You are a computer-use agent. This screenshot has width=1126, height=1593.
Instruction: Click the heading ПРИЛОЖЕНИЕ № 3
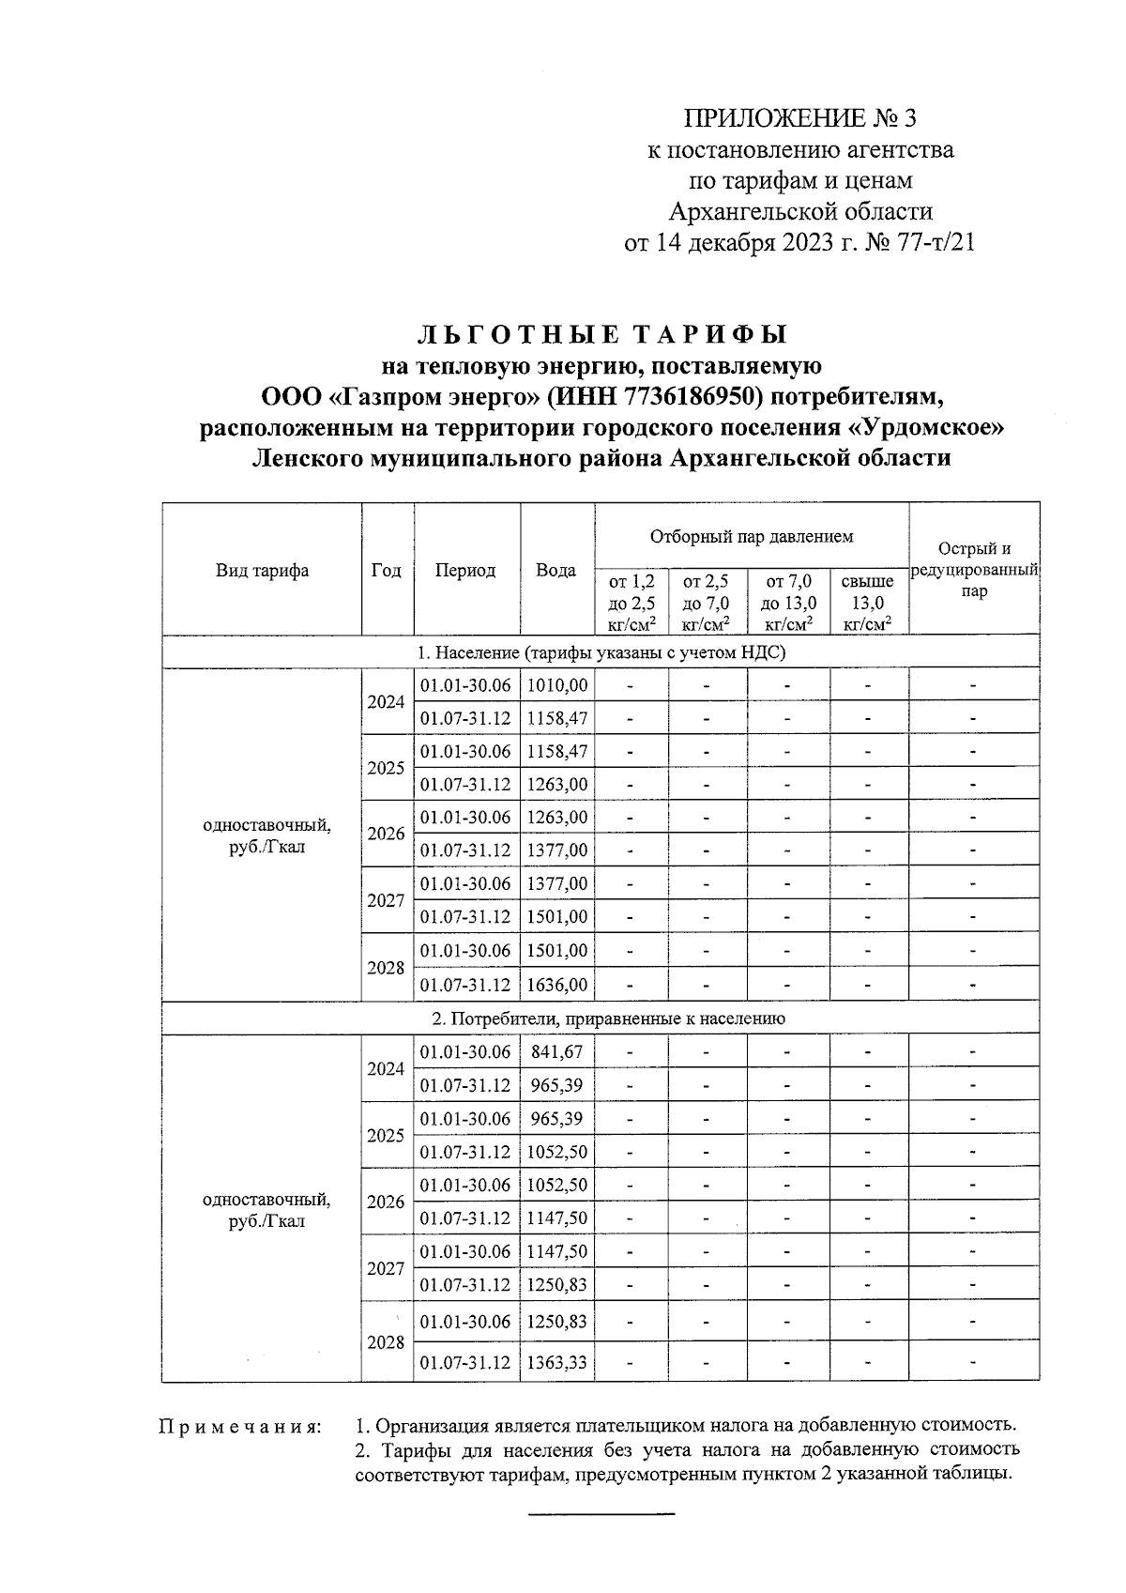point(799,119)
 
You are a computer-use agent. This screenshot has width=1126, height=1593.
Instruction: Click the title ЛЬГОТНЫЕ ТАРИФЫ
point(601,335)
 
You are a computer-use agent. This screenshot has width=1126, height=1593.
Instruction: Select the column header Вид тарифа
point(262,570)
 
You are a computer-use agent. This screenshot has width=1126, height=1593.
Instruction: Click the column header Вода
point(556,570)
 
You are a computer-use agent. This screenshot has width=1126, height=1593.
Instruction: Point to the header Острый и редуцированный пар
point(974,570)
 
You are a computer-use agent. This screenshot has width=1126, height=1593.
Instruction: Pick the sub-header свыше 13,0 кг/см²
point(868,602)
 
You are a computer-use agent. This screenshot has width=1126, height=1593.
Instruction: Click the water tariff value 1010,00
point(557,685)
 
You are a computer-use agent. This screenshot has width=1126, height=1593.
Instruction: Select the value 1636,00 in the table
point(557,985)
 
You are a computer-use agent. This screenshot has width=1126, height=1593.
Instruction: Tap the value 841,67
point(557,1051)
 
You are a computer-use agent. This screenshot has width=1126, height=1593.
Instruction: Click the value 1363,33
point(557,1361)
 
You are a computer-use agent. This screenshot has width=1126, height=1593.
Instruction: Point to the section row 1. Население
point(601,651)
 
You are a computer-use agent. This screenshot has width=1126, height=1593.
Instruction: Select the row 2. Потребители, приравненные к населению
point(601,1019)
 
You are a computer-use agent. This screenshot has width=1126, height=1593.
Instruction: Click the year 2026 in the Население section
point(386,834)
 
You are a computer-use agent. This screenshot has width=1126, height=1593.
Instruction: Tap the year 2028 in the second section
point(386,1342)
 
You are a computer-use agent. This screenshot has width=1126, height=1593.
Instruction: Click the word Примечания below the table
point(239,1427)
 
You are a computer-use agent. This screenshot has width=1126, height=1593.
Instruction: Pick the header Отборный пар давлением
point(752,537)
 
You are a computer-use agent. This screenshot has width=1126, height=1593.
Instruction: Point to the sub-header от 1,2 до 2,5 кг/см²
point(631,602)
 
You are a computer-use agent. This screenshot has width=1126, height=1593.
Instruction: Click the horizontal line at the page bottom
point(601,1513)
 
